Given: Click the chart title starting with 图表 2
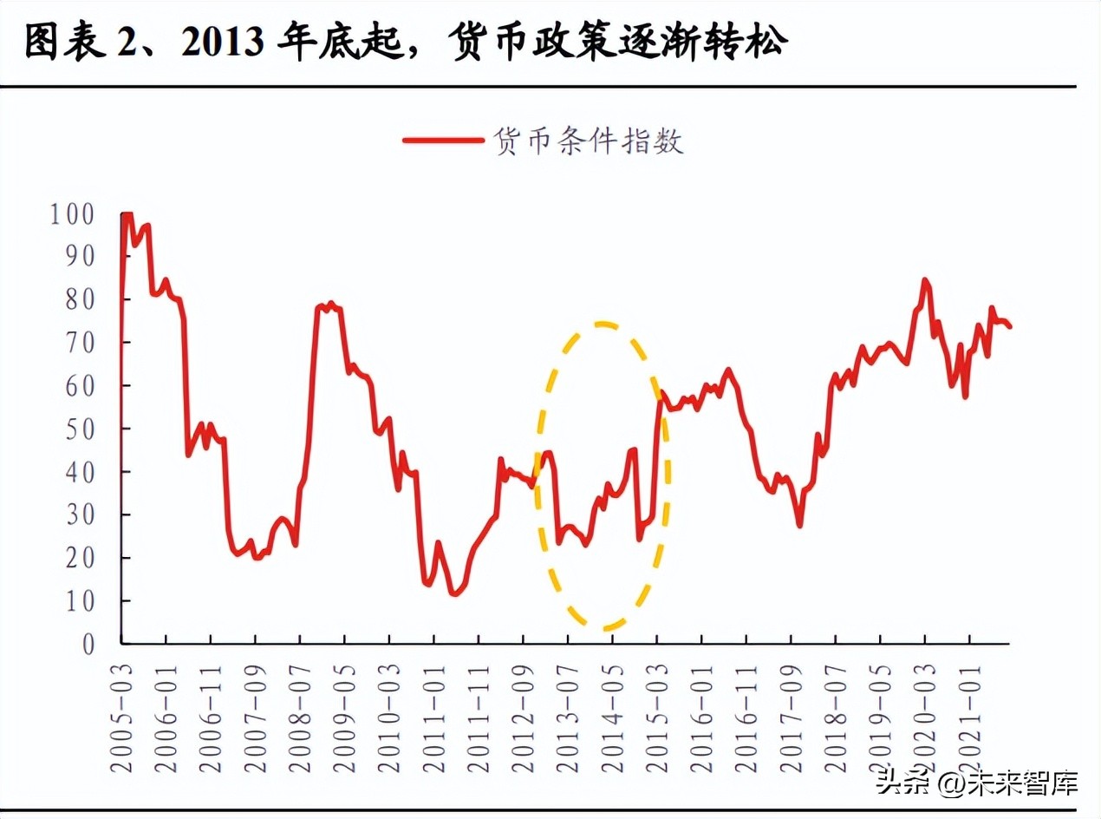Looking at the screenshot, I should (406, 43).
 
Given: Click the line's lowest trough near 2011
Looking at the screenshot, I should (453, 594).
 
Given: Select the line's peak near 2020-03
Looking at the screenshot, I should (924, 280).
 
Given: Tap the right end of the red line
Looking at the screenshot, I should (1010, 326).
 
